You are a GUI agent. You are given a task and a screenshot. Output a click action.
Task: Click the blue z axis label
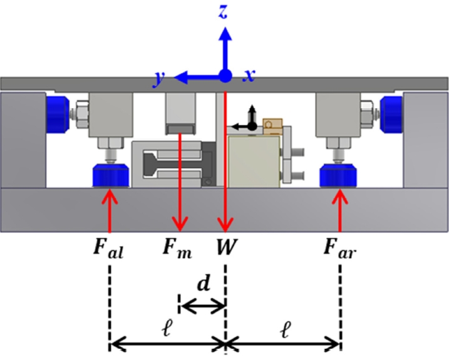223,11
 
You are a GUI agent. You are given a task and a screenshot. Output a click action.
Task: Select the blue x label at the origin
249,76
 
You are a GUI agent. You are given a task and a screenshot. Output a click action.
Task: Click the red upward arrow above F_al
110,210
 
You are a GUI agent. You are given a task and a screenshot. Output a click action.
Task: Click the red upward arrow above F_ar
340,210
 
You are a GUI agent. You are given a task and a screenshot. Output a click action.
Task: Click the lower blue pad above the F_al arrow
110,174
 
